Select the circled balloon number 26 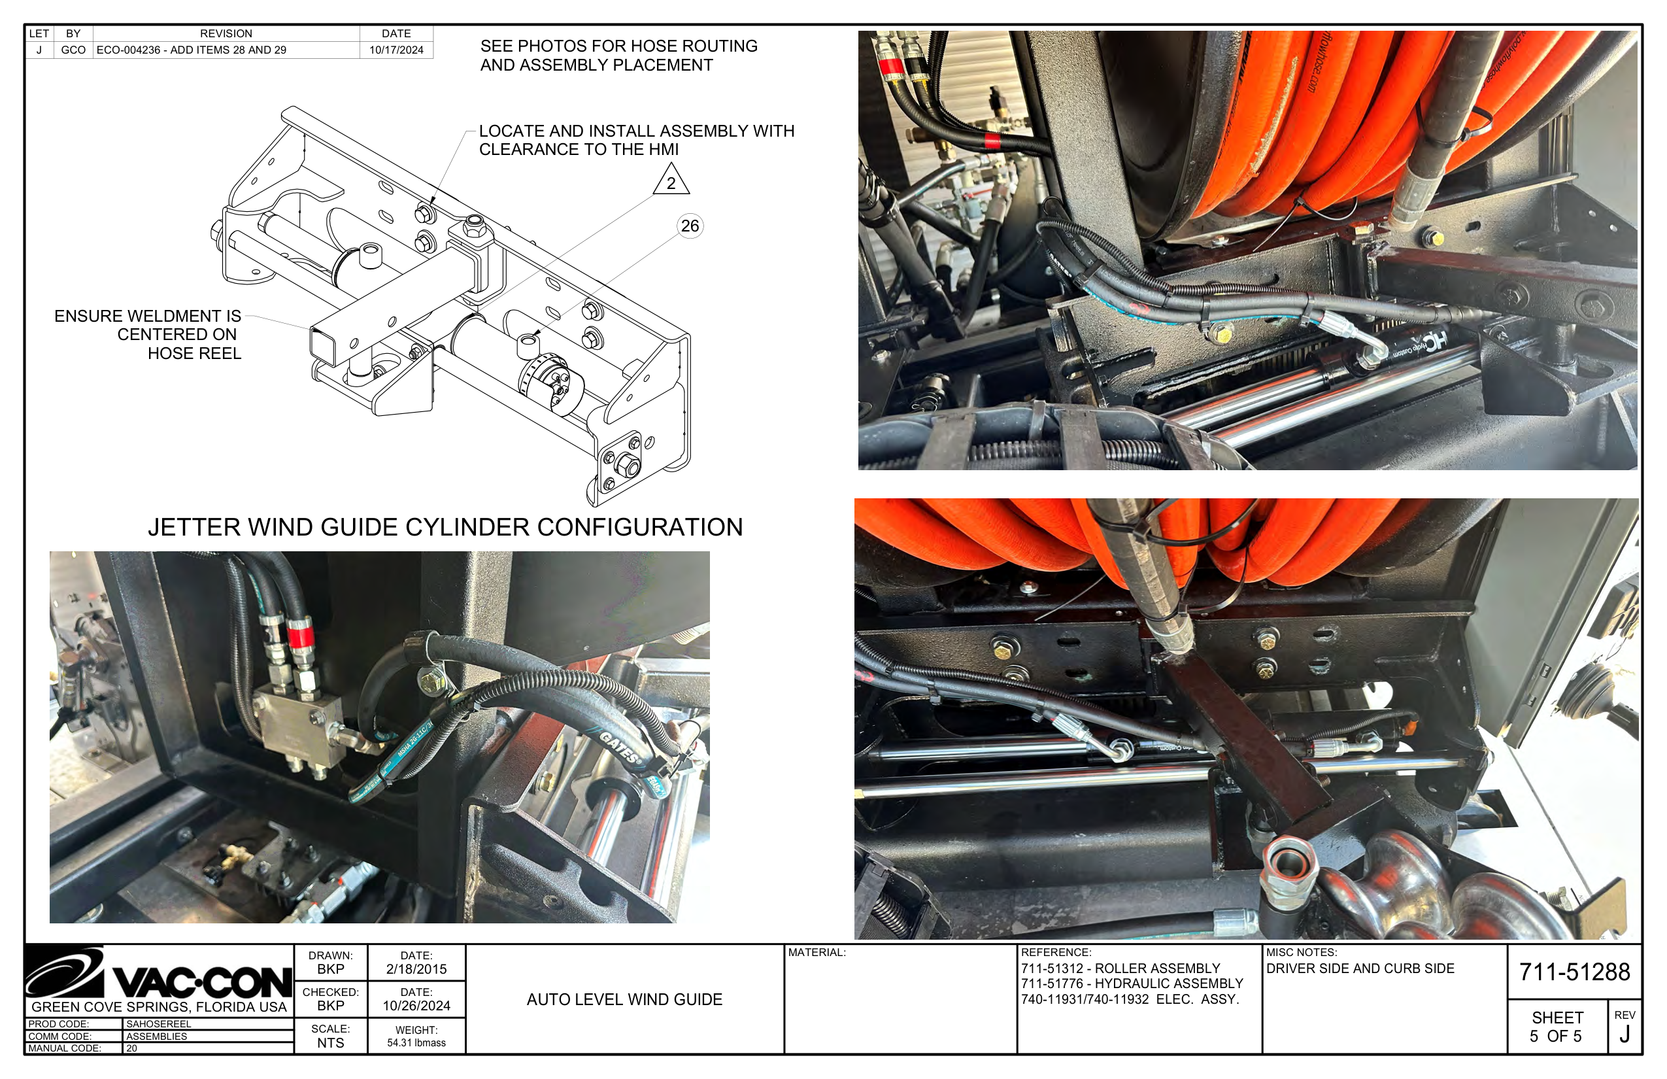coord(690,226)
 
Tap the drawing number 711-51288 coord(1574,972)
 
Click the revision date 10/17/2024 coord(396,50)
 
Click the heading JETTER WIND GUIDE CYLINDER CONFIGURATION coord(445,527)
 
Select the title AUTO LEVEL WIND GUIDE coord(624,999)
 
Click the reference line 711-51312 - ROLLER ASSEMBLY coord(1120,968)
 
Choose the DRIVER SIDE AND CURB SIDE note coord(1360,968)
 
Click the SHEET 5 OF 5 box coord(1557,1027)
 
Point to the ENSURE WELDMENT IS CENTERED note coord(148,334)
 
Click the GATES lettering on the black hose coord(619,747)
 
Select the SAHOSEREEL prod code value coord(158,1023)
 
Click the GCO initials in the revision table coord(73,50)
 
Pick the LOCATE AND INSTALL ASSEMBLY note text coord(635,139)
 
